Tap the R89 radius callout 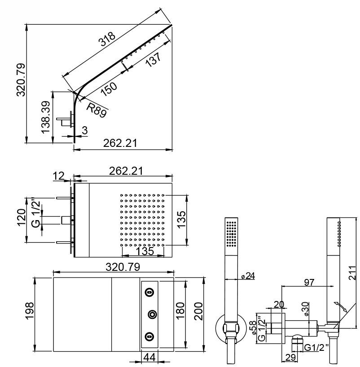97,110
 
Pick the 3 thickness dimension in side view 84,130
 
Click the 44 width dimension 149,357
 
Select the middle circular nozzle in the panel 153,314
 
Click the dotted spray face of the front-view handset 232,234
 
